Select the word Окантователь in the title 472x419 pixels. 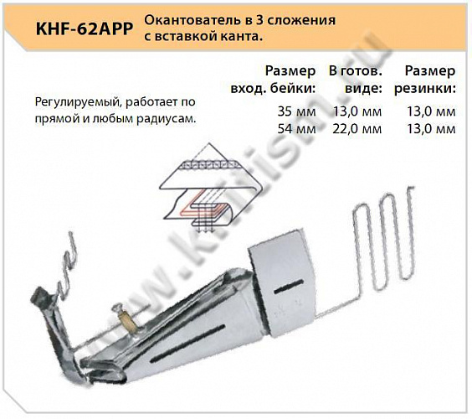click(185, 18)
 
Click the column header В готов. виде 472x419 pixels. click(356, 79)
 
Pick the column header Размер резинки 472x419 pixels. click(429, 79)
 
